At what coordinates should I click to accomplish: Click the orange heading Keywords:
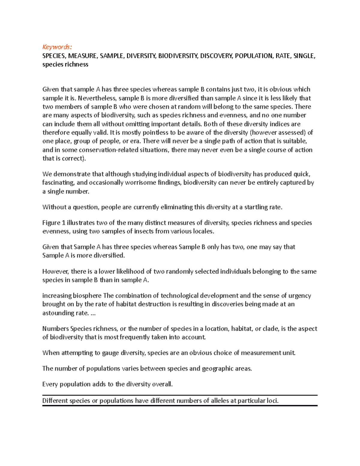pyautogui.click(x=57, y=47)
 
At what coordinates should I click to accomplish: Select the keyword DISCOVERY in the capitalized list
pyautogui.click(x=216, y=56)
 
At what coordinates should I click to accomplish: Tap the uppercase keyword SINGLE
pyautogui.click(x=304, y=56)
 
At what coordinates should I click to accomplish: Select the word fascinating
pyautogui.click(x=58, y=182)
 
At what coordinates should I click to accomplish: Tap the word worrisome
pyautogui.click(x=141, y=182)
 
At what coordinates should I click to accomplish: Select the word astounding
pyautogui.click(x=57, y=313)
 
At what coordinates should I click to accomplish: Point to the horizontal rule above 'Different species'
pyautogui.click(x=180, y=395)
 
